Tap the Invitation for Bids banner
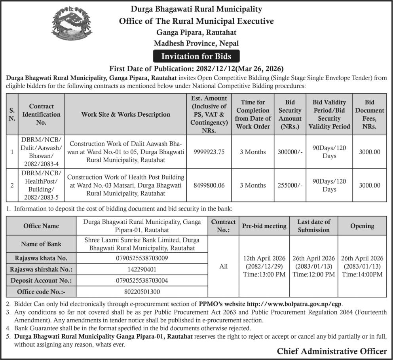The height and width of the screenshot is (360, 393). tap(196, 56)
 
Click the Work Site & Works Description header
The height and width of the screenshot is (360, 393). tap(125, 114)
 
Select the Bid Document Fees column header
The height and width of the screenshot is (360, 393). tap(369, 114)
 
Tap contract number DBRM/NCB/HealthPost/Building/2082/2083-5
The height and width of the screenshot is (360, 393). tap(41, 185)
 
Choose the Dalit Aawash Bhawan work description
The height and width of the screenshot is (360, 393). tap(125, 152)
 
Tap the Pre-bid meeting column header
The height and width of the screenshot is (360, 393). tap(264, 226)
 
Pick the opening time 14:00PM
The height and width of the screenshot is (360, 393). tap(362, 274)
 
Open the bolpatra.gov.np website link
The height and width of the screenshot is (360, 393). tap(294, 304)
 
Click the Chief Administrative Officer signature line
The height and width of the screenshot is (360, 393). tap(332, 351)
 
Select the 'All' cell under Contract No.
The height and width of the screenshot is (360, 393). tap(223, 266)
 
